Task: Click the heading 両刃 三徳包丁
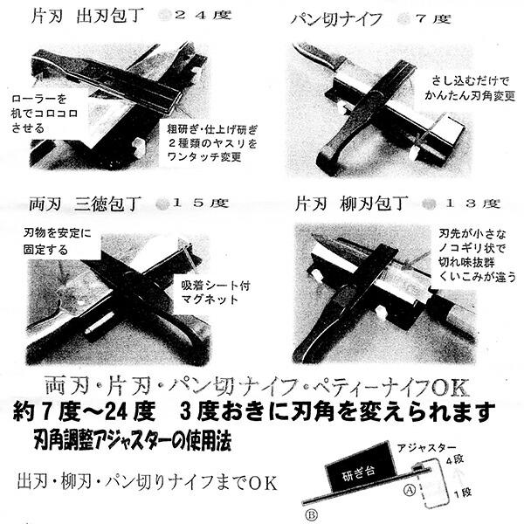click(83, 203)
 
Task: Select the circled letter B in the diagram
click(311, 514)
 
